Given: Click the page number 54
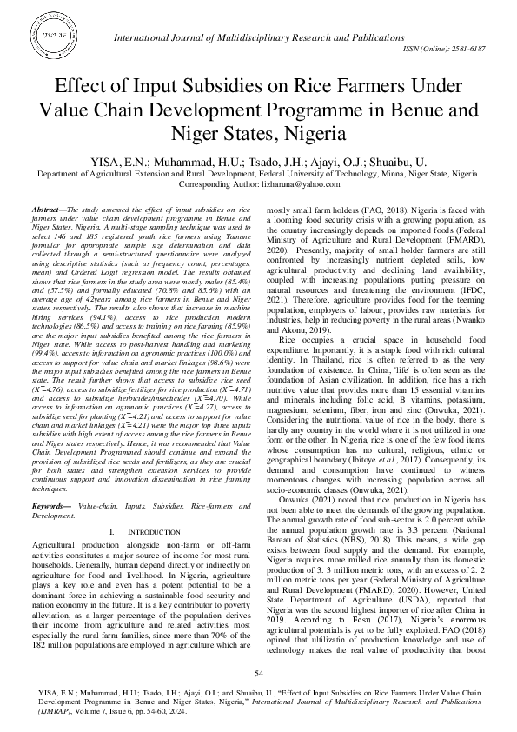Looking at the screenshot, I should [258, 674].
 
